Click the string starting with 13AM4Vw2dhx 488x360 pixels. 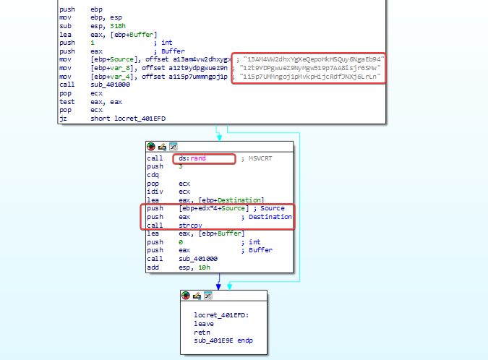click(x=314, y=59)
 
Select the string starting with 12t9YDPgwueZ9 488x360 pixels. click(x=310, y=68)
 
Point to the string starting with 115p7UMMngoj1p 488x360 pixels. click(x=310, y=76)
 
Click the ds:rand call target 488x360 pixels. click(x=192, y=158)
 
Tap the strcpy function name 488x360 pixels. click(x=190, y=226)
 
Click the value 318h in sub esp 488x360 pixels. click(x=118, y=26)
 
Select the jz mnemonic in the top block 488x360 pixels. click(x=63, y=119)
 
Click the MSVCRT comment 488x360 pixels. click(x=260, y=158)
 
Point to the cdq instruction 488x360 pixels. click(x=153, y=175)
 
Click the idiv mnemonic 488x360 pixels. click(x=155, y=192)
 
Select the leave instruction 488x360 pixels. click(x=204, y=324)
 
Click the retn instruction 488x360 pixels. click(x=202, y=333)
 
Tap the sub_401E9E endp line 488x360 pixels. click(x=223, y=340)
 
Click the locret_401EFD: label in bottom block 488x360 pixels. click(x=221, y=315)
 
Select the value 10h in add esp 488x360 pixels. click(x=204, y=267)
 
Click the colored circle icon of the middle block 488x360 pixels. click(x=151, y=147)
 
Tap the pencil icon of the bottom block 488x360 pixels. click(x=197, y=296)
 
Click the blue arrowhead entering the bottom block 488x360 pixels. click(x=218, y=287)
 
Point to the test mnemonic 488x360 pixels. click(x=67, y=102)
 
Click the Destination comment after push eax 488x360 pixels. click(x=270, y=217)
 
